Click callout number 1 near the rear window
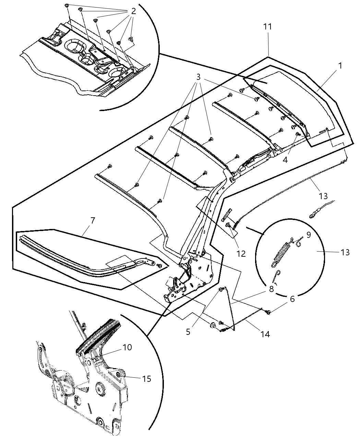[340, 66]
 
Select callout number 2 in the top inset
[133, 11]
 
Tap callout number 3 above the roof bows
[198, 77]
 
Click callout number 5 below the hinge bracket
[188, 332]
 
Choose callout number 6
[292, 299]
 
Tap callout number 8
[271, 289]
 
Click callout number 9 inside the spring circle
[308, 235]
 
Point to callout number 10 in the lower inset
[127, 347]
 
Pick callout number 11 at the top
[268, 27]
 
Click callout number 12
[241, 254]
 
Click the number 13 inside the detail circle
[345, 252]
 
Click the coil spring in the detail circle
[282, 253]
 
